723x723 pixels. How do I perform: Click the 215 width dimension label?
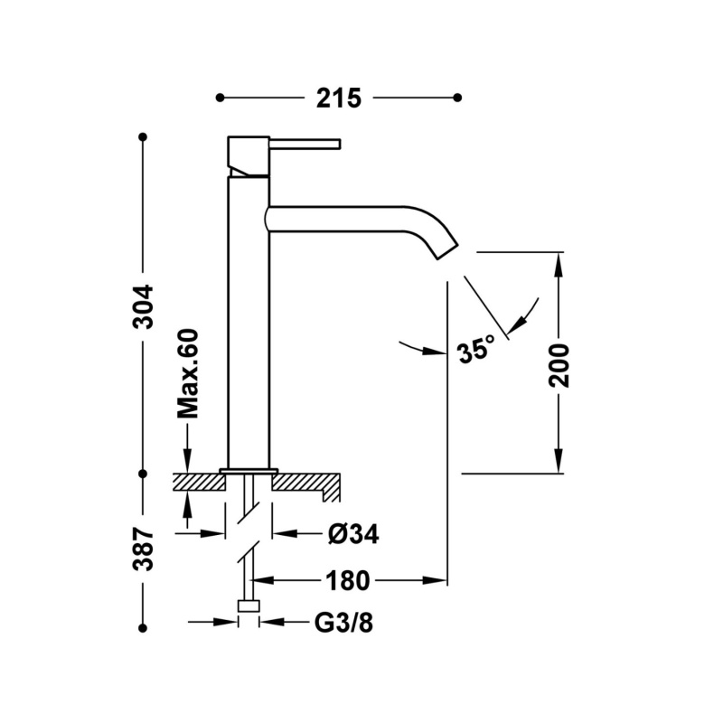click(339, 98)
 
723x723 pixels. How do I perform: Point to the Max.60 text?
click(187, 373)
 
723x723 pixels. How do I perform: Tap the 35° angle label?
click(475, 350)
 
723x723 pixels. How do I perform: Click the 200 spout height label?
click(559, 364)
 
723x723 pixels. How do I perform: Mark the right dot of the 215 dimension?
click(457, 97)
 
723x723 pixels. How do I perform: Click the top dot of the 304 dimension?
click(142, 136)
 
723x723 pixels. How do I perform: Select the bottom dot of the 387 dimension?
click(142, 624)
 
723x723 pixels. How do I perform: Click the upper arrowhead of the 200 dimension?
click(559, 262)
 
